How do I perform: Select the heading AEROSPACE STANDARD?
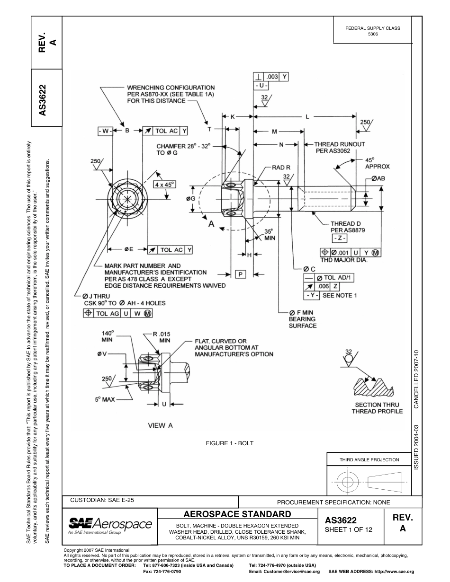237,514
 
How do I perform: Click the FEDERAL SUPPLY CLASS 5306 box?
373,31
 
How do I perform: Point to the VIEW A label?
161,425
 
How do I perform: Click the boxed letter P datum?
241,274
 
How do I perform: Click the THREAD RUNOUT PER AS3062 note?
340,148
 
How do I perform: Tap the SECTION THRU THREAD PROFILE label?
377,408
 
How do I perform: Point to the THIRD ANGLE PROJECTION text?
369,459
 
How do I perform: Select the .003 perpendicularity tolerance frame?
271,76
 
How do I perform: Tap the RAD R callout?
281,168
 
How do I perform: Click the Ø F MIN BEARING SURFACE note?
302,319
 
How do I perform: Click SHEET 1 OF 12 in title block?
348,529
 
